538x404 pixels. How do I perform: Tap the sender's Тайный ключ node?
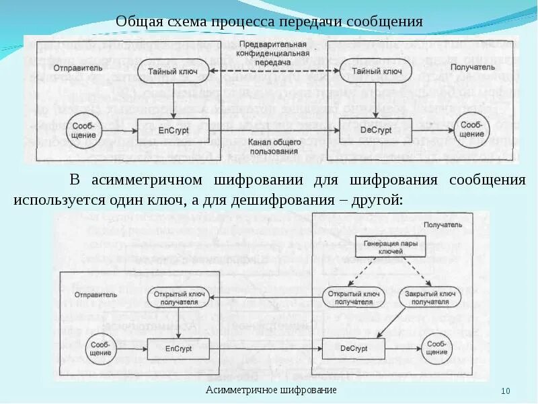pyautogui.click(x=174, y=71)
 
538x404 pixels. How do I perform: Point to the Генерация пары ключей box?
pyautogui.click(x=386, y=247)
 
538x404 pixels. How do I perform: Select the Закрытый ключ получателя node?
pyautogui.click(x=429, y=298)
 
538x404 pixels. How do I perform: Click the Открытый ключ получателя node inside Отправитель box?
pyautogui.click(x=179, y=298)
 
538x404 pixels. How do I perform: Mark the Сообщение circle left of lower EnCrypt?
pyautogui.click(x=100, y=349)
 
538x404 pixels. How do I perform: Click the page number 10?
pyautogui.click(x=506, y=392)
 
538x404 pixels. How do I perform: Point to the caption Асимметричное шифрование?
pyautogui.click(x=271, y=391)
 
